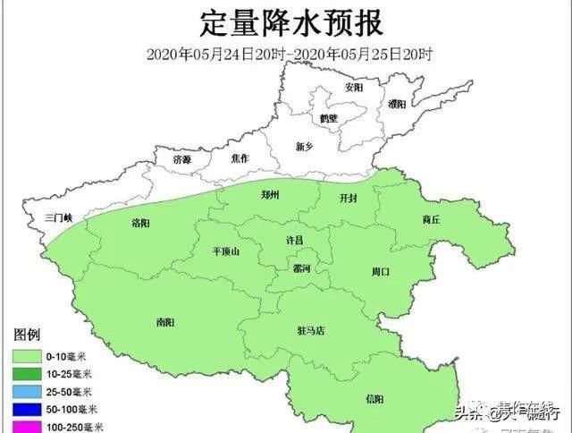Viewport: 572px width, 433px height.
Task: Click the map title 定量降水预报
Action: pos(285,20)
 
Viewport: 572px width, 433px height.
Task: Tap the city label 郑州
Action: pos(272,194)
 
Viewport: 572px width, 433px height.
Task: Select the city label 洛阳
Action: pos(140,222)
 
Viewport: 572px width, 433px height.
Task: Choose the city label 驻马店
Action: pos(312,330)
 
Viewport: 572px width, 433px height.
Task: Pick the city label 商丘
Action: pos(433,219)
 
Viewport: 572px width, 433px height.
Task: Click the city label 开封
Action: pos(349,198)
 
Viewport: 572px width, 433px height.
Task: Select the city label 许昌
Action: pos(294,241)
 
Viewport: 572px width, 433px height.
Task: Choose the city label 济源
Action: pos(182,158)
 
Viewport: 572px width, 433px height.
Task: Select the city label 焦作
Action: pos(240,158)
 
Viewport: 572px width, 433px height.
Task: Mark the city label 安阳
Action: pos(354,88)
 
